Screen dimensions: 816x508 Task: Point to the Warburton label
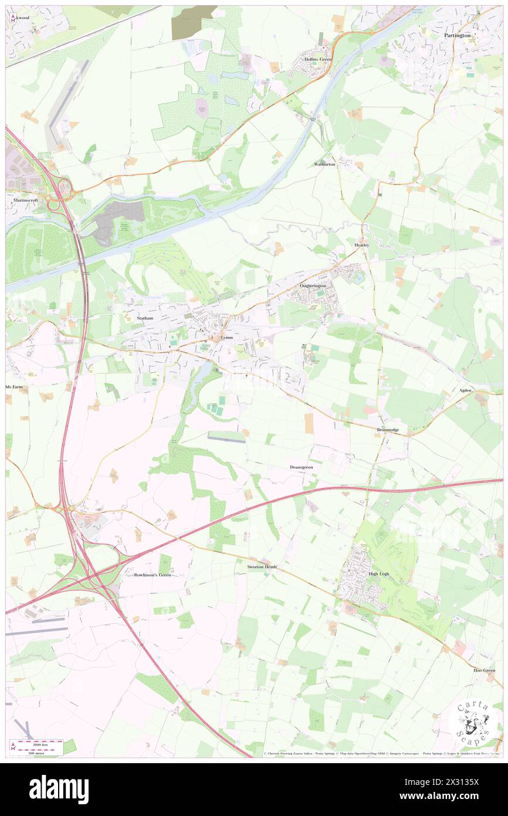point(324,164)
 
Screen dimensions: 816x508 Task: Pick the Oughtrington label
point(312,285)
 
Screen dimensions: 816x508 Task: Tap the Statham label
point(144,318)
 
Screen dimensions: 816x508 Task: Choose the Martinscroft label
point(26,200)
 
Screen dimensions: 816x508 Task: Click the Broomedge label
point(387,430)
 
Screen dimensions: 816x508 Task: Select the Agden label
point(465,390)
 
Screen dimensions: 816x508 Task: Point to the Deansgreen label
point(302,467)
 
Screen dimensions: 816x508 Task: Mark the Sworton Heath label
point(262,567)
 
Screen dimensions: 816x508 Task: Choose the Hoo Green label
point(485,670)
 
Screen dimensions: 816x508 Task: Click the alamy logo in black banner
point(59,790)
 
